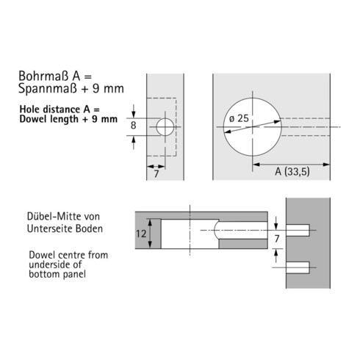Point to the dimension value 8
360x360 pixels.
133,126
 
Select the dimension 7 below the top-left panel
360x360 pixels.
156,173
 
